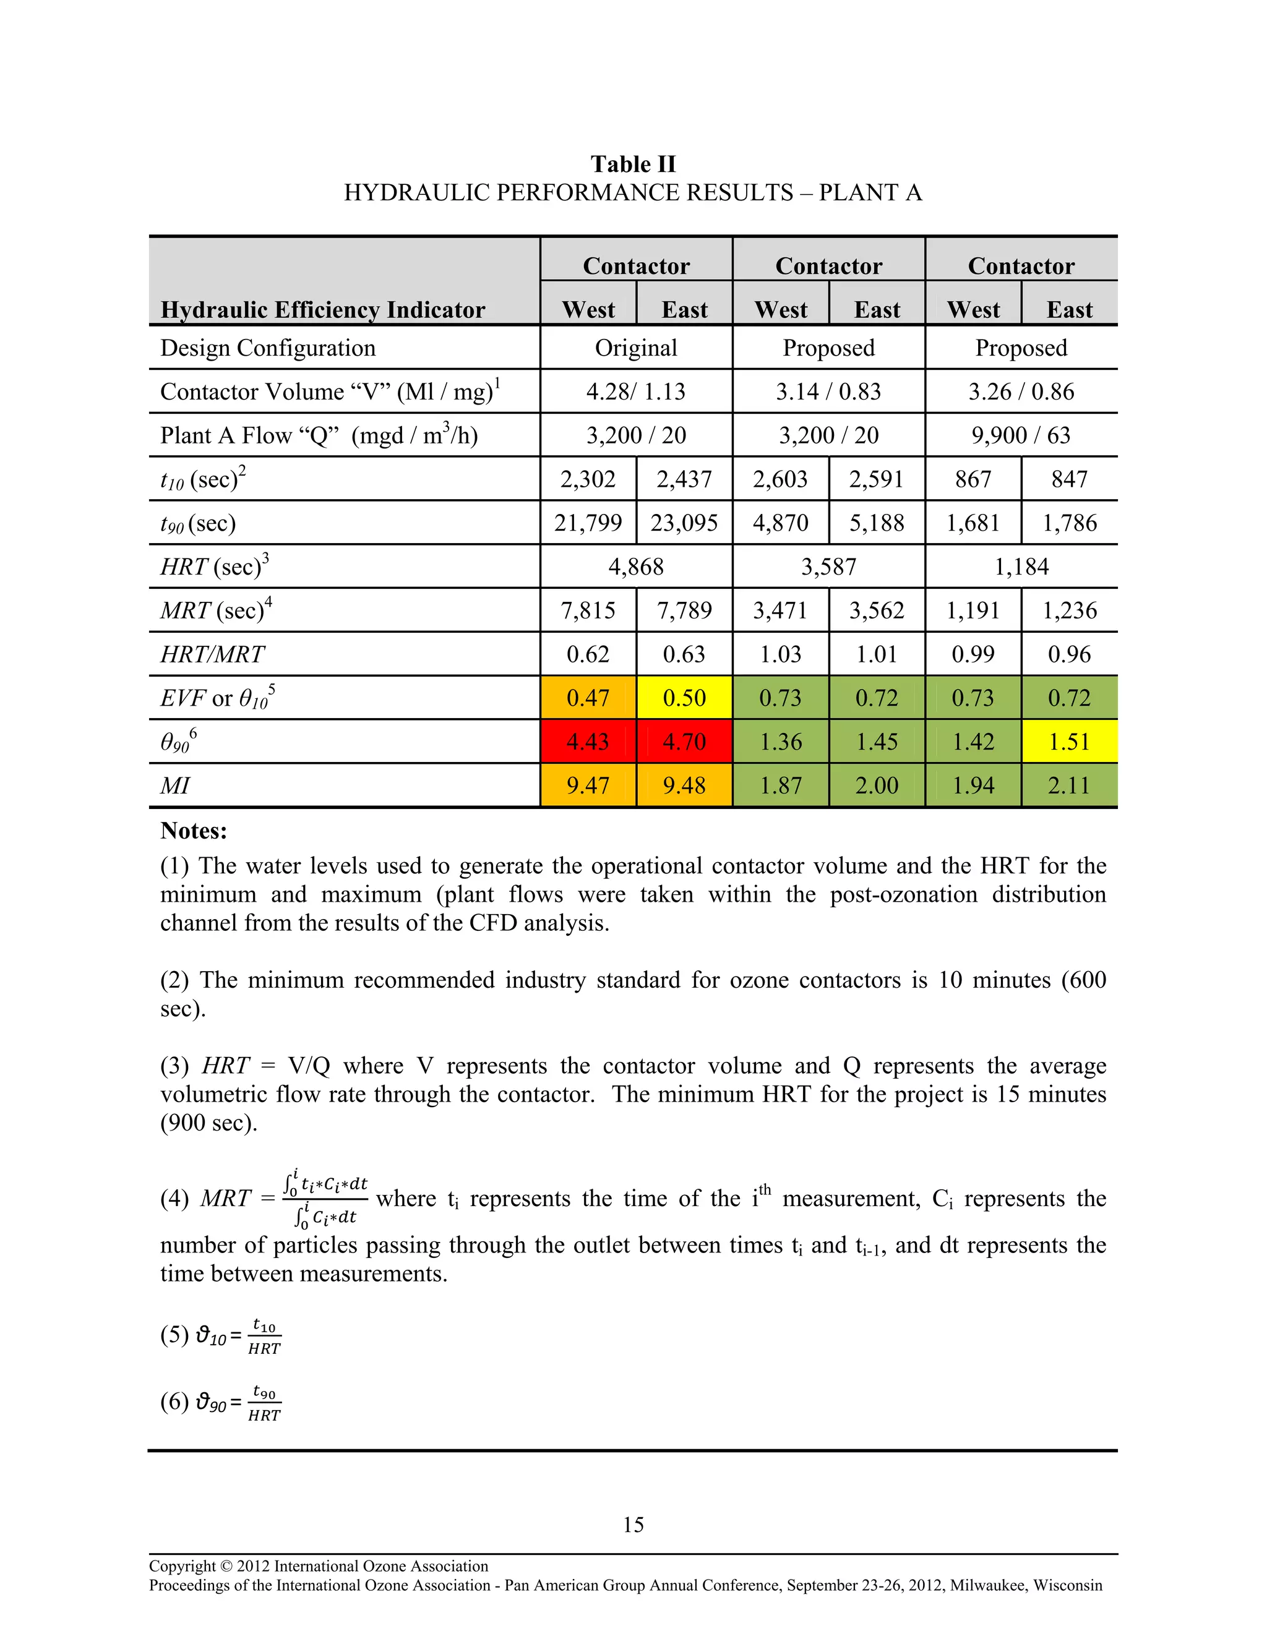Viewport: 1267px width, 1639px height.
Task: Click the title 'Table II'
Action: coord(633,165)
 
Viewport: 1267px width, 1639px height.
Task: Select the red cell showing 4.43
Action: coord(588,742)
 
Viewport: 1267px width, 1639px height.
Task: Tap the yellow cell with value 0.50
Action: coord(684,698)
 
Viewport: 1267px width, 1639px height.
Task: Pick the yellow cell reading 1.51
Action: coord(1069,742)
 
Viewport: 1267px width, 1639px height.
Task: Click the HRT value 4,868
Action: coord(636,567)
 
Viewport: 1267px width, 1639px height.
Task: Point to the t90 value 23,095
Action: coord(684,523)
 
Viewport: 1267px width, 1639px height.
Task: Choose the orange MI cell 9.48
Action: coord(684,785)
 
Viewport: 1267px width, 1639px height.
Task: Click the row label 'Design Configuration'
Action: coord(268,348)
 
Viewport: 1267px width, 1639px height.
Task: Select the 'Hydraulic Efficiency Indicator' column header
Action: coord(323,310)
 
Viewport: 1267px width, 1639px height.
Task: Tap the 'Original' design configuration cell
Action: coord(636,348)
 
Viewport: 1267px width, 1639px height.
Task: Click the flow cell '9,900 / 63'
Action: coord(1021,435)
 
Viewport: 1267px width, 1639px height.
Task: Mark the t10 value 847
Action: coord(1069,479)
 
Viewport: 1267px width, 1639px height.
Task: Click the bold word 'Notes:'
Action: coord(194,831)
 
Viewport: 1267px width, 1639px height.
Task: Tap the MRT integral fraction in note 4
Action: coord(325,1199)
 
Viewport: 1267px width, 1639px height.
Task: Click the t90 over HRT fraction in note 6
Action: coord(264,1403)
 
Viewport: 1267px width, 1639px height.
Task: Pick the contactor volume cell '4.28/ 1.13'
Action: coord(636,392)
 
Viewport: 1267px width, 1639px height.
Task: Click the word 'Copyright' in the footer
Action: coord(182,1566)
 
